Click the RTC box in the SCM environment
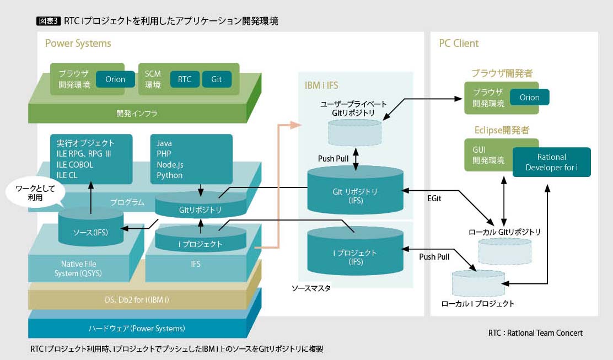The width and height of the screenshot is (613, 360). (x=185, y=79)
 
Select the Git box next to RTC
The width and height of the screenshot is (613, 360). (x=217, y=79)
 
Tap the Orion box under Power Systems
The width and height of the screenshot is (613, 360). (x=115, y=79)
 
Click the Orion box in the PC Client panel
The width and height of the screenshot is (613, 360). (x=529, y=98)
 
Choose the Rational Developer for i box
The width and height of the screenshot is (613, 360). (x=551, y=162)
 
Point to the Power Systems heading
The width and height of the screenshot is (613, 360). (x=78, y=44)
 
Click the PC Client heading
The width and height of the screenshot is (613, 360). (x=459, y=44)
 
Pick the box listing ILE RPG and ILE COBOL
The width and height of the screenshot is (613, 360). (x=91, y=159)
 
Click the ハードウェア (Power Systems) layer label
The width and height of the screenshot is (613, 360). (x=137, y=329)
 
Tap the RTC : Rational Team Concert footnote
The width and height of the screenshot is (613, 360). (x=535, y=333)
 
